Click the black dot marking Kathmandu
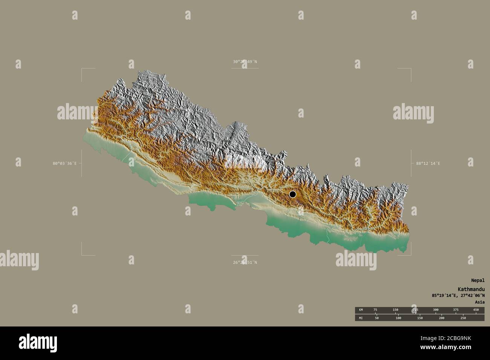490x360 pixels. [292, 194]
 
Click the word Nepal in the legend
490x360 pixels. [478, 280]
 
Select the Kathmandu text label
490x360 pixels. [472, 289]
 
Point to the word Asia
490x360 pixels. [479, 302]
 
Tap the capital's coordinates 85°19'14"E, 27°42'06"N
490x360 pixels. [458, 296]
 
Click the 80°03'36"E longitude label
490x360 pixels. [64, 163]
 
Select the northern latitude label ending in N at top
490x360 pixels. [245, 61]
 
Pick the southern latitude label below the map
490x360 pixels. [245, 262]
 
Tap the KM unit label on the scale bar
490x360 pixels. [361, 310]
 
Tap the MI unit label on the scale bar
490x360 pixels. [361, 318]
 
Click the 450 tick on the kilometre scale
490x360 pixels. [476, 310]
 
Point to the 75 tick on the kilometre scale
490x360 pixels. [375, 310]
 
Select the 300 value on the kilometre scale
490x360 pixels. [435, 310]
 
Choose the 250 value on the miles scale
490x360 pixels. [463, 318]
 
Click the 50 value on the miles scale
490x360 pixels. [377, 318]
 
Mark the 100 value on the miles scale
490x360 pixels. [398, 318]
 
